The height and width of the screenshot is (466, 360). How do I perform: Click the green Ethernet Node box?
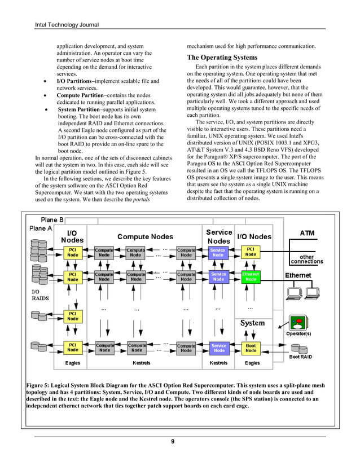pyautogui.click(x=251, y=276)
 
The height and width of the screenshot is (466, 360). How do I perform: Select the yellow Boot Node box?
pyautogui.click(x=251, y=348)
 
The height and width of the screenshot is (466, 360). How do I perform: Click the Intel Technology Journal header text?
pyautogui.click(x=67, y=25)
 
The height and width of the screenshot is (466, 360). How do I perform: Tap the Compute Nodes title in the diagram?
pyautogui.click(x=145, y=236)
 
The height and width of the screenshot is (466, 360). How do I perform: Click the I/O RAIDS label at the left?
pyautogui.click(x=38, y=295)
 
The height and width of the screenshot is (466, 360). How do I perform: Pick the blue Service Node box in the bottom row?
pyautogui.click(x=218, y=348)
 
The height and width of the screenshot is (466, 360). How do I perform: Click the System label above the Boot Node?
pyautogui.click(x=252, y=323)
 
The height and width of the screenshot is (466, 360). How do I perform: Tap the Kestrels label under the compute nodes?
pyautogui.click(x=141, y=363)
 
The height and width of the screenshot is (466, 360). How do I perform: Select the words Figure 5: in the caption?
pyautogui.click(x=41, y=385)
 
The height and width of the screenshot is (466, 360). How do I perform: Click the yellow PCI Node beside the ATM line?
pyautogui.click(x=251, y=251)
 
